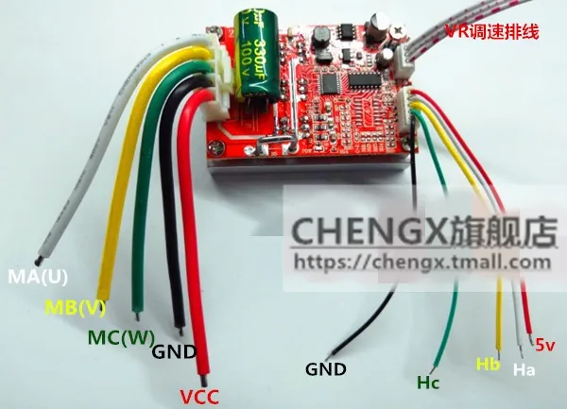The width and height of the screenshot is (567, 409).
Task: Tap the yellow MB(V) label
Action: tap(77, 307)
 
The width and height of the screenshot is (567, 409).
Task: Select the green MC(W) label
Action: tap(121, 335)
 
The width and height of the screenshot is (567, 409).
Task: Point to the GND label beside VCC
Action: tap(175, 352)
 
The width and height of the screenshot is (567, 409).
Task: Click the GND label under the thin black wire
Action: tap(326, 369)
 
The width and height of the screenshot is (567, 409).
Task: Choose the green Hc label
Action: tap(428, 383)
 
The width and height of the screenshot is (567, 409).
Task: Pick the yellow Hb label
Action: tap(489, 363)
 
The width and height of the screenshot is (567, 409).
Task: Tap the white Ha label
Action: tap(524, 371)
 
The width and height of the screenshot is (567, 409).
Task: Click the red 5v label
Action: tap(546, 344)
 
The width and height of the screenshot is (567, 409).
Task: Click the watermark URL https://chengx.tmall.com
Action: tap(421, 261)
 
